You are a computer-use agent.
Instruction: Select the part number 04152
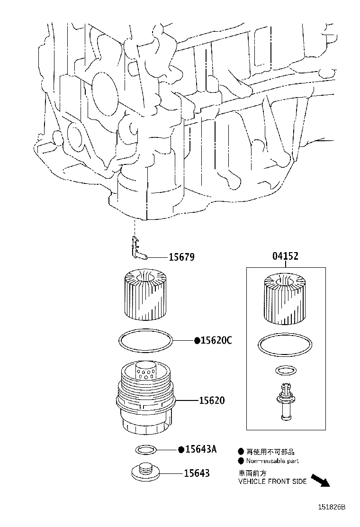(x=285, y=256)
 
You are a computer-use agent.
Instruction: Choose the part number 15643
(x=198, y=472)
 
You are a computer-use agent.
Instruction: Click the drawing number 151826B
(x=331, y=507)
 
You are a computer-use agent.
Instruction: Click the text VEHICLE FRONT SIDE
(x=272, y=482)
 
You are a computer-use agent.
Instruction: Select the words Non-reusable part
(x=272, y=461)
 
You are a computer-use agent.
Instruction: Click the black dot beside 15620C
(x=197, y=340)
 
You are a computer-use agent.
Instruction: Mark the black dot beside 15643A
(x=180, y=449)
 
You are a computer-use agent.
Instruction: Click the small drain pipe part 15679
(x=138, y=247)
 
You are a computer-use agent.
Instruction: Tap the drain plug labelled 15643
(x=145, y=472)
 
